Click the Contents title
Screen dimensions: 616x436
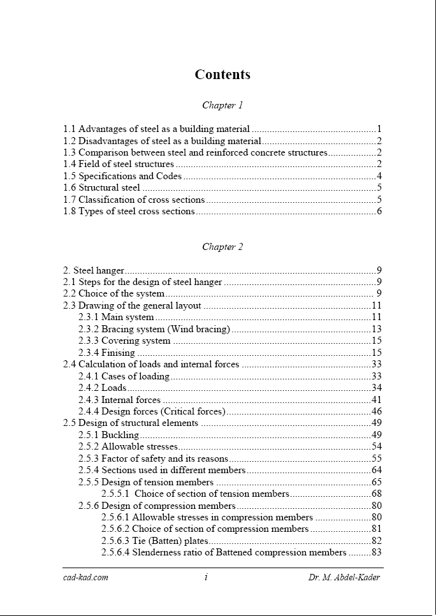tap(222, 75)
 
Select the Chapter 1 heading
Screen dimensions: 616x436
tap(222, 105)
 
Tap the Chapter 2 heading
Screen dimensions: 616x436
tap(222, 247)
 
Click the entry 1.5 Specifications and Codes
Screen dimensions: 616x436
tap(122, 176)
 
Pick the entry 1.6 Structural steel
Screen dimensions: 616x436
tap(102, 187)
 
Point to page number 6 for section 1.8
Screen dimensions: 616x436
tap(379, 211)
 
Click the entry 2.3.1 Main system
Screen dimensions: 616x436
tap(116, 317)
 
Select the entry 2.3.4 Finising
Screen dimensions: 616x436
tap(106, 353)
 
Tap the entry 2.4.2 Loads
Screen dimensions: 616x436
tap(103, 388)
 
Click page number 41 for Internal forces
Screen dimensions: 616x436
tap(376, 400)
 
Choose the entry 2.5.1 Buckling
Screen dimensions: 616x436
tap(108, 435)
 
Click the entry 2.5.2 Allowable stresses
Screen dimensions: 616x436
tap(128, 446)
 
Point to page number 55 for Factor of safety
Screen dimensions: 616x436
tap(376, 458)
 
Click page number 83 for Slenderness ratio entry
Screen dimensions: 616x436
tap(376, 552)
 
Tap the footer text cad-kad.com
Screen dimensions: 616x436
tap(85, 578)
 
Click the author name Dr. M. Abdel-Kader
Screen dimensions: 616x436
tap(344, 578)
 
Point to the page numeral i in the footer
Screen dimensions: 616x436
tap(206, 578)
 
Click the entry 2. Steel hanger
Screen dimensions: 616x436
tap(94, 270)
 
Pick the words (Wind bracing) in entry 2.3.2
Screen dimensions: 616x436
tap(198, 329)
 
